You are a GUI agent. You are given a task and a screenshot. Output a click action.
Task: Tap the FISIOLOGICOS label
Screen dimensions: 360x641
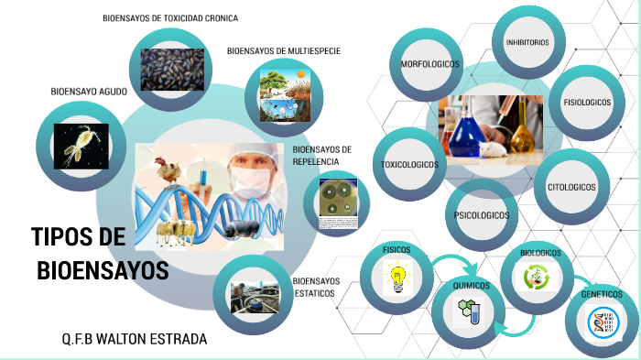(x=587, y=103)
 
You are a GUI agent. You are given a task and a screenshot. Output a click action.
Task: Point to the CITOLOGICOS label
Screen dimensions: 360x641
(x=571, y=187)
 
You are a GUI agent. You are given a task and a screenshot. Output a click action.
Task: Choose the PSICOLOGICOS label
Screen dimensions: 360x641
(x=482, y=215)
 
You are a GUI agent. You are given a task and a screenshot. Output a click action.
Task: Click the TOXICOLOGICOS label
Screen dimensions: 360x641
(x=409, y=165)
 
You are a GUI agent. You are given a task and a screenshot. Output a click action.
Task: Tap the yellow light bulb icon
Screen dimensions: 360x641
(x=397, y=279)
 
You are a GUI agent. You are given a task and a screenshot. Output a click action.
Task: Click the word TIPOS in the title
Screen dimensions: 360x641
(x=78, y=238)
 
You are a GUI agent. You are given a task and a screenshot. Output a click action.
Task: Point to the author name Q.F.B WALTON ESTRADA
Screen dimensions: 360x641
(x=135, y=340)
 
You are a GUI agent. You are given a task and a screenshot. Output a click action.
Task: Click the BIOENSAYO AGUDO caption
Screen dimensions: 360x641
(x=89, y=92)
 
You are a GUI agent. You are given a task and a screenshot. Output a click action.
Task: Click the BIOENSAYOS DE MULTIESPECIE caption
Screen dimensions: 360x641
(x=284, y=51)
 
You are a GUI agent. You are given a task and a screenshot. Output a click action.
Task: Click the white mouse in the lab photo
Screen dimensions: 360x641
(x=494, y=147)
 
